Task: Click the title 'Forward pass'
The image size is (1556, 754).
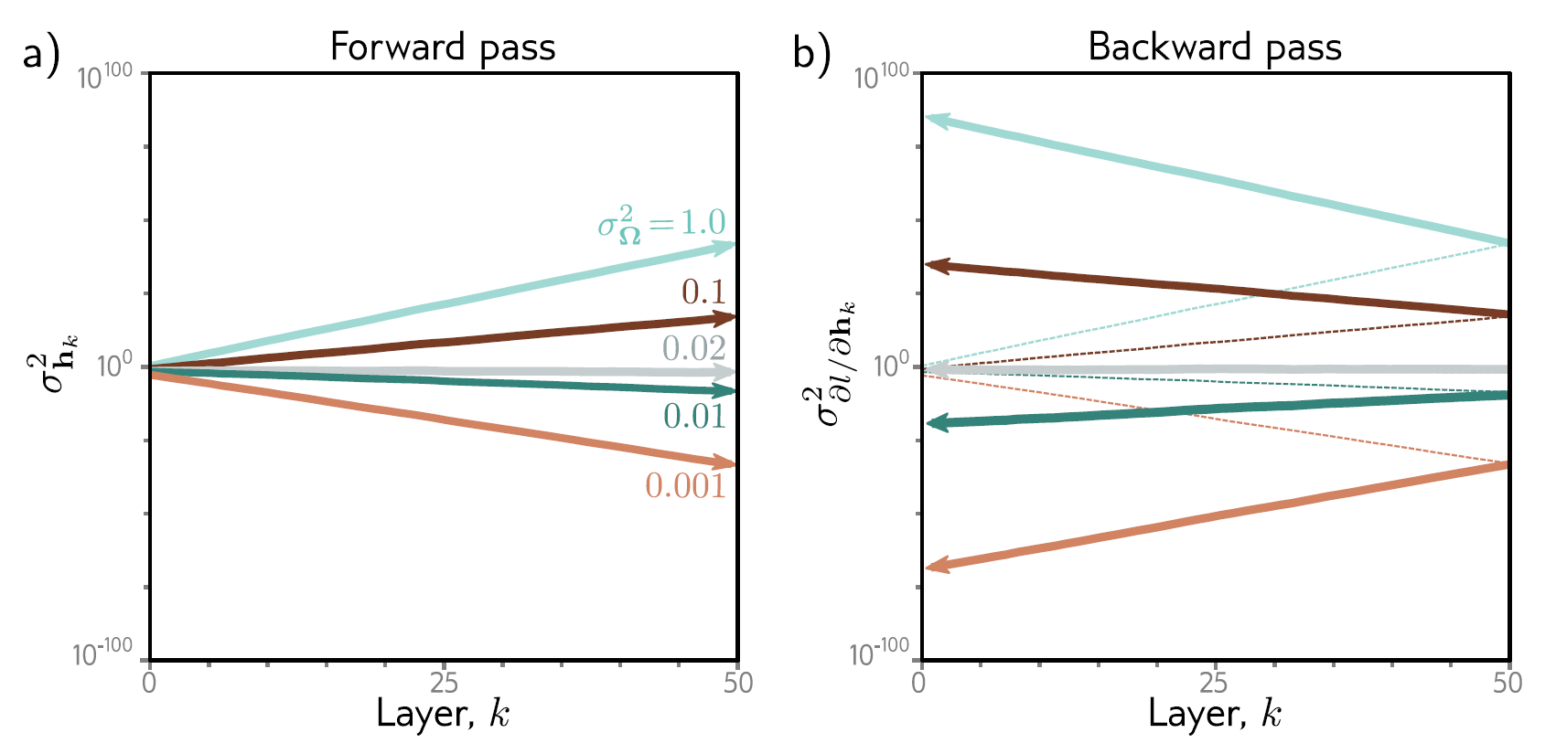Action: [x=443, y=47]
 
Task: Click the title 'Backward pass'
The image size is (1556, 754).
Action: [x=1214, y=47]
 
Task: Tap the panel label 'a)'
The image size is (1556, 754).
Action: [x=41, y=53]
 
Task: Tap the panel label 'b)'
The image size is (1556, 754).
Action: [x=811, y=53]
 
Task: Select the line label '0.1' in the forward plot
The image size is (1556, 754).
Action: [x=703, y=292]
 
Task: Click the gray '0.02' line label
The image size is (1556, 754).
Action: [x=694, y=348]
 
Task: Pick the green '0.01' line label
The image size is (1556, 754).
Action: [x=694, y=417]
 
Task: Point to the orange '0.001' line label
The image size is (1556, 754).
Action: [x=685, y=485]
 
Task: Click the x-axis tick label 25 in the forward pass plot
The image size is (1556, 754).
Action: [x=444, y=683]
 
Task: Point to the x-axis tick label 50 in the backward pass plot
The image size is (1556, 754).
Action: [x=1507, y=683]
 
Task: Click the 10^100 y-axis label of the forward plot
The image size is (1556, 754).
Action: [x=104, y=78]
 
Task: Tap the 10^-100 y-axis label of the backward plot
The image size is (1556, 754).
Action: [x=879, y=653]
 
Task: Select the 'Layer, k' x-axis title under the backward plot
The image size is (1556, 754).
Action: [x=1214, y=714]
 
